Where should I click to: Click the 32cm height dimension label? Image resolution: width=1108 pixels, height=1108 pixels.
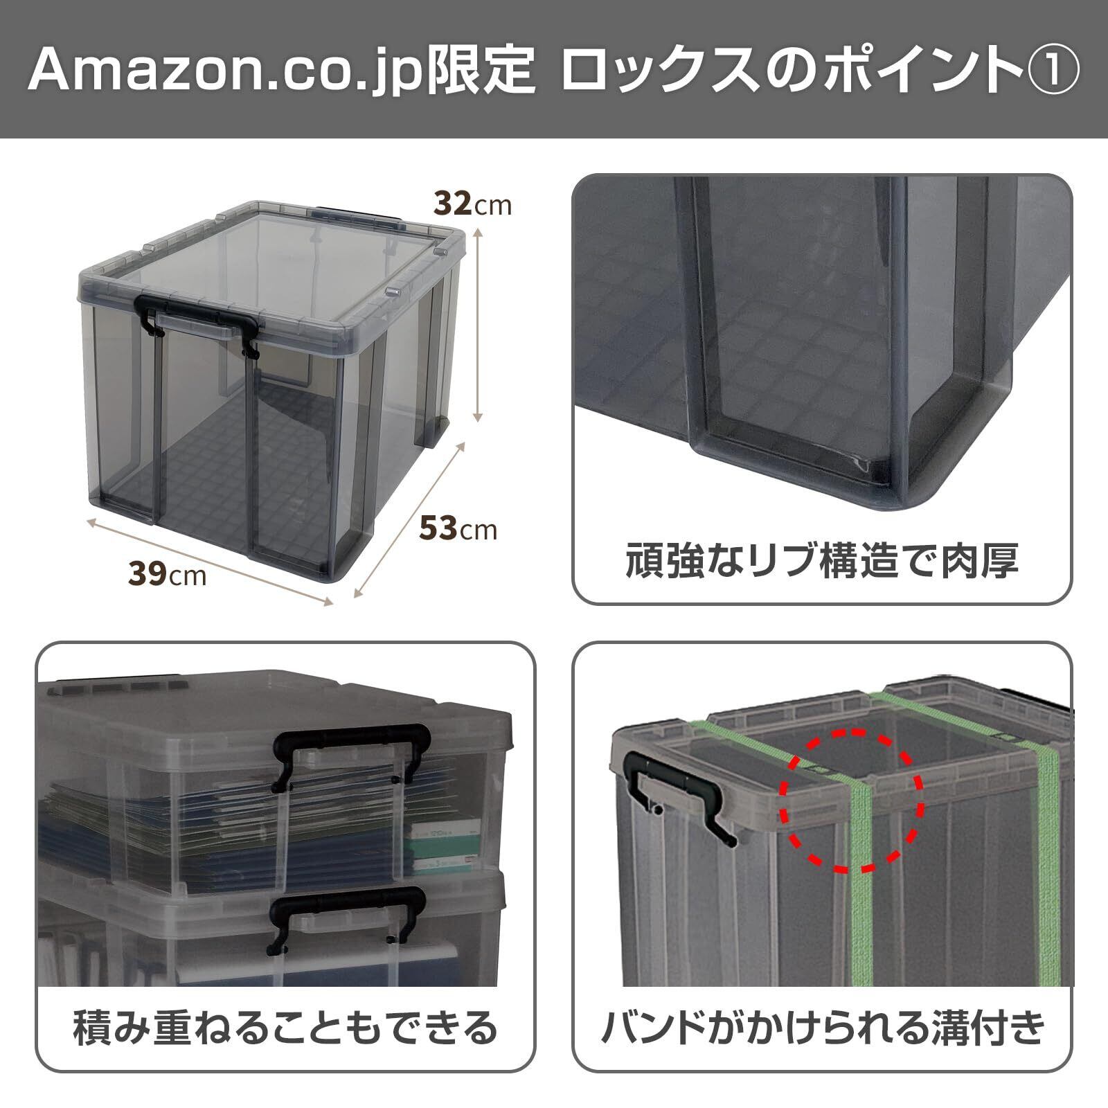472,204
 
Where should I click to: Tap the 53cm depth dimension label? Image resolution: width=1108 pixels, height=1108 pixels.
458,529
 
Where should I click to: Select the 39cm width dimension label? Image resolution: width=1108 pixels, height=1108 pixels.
167,573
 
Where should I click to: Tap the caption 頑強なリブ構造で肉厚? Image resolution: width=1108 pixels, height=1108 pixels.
822,561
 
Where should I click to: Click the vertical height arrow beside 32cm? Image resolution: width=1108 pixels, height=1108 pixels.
477,326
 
